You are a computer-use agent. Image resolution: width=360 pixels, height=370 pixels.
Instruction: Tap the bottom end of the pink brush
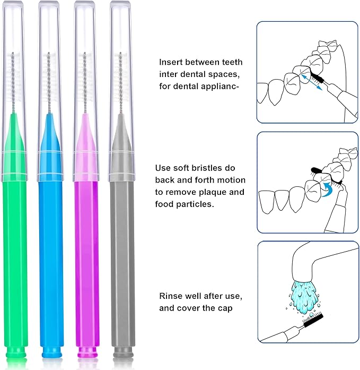tap(86, 351)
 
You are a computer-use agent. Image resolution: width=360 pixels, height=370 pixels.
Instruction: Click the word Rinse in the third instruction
tap(172, 296)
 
